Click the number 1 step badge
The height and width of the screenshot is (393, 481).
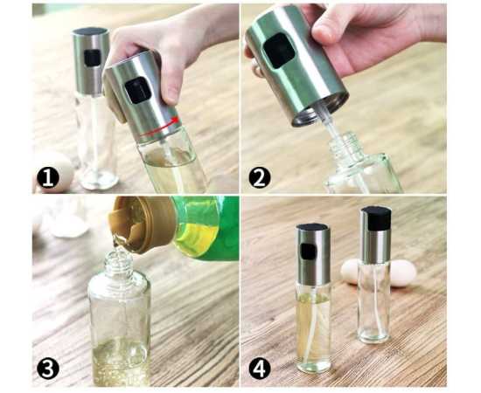coord(48,178)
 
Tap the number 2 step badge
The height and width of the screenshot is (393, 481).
coord(260,177)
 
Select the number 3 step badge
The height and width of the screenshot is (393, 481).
coord(47,369)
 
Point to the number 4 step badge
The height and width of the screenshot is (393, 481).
coord(260,369)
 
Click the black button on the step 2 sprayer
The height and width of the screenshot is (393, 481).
coord(278,51)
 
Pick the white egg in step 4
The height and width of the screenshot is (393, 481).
coord(380,273)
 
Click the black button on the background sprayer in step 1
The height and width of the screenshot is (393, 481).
coord(93,58)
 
